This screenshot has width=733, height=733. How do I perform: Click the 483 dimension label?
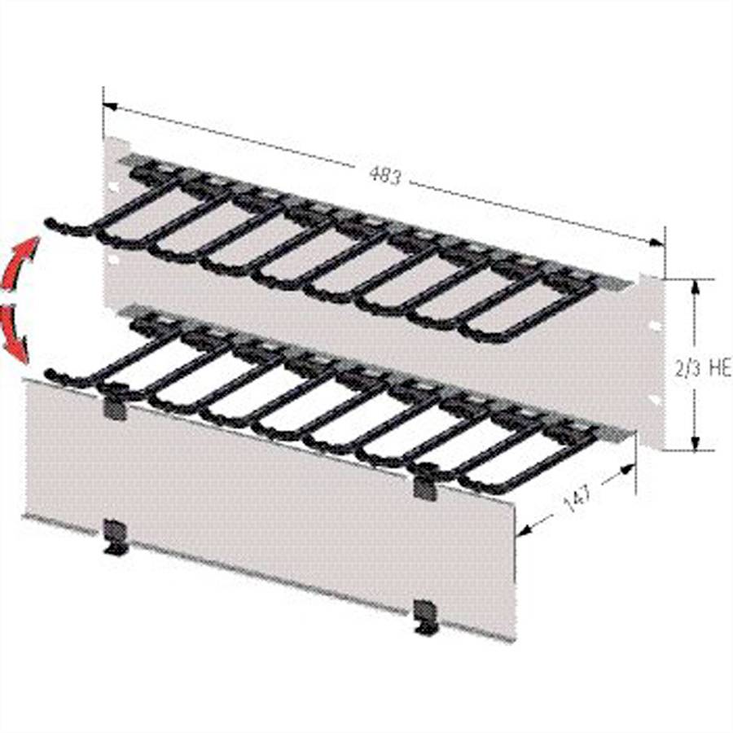(x=384, y=175)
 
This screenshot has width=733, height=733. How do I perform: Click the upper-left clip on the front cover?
(x=115, y=405)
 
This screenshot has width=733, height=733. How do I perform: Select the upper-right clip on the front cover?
(x=424, y=486)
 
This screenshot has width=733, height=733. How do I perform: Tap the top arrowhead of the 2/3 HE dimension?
(x=695, y=285)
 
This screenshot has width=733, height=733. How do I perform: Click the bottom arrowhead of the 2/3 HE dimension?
(x=695, y=444)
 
